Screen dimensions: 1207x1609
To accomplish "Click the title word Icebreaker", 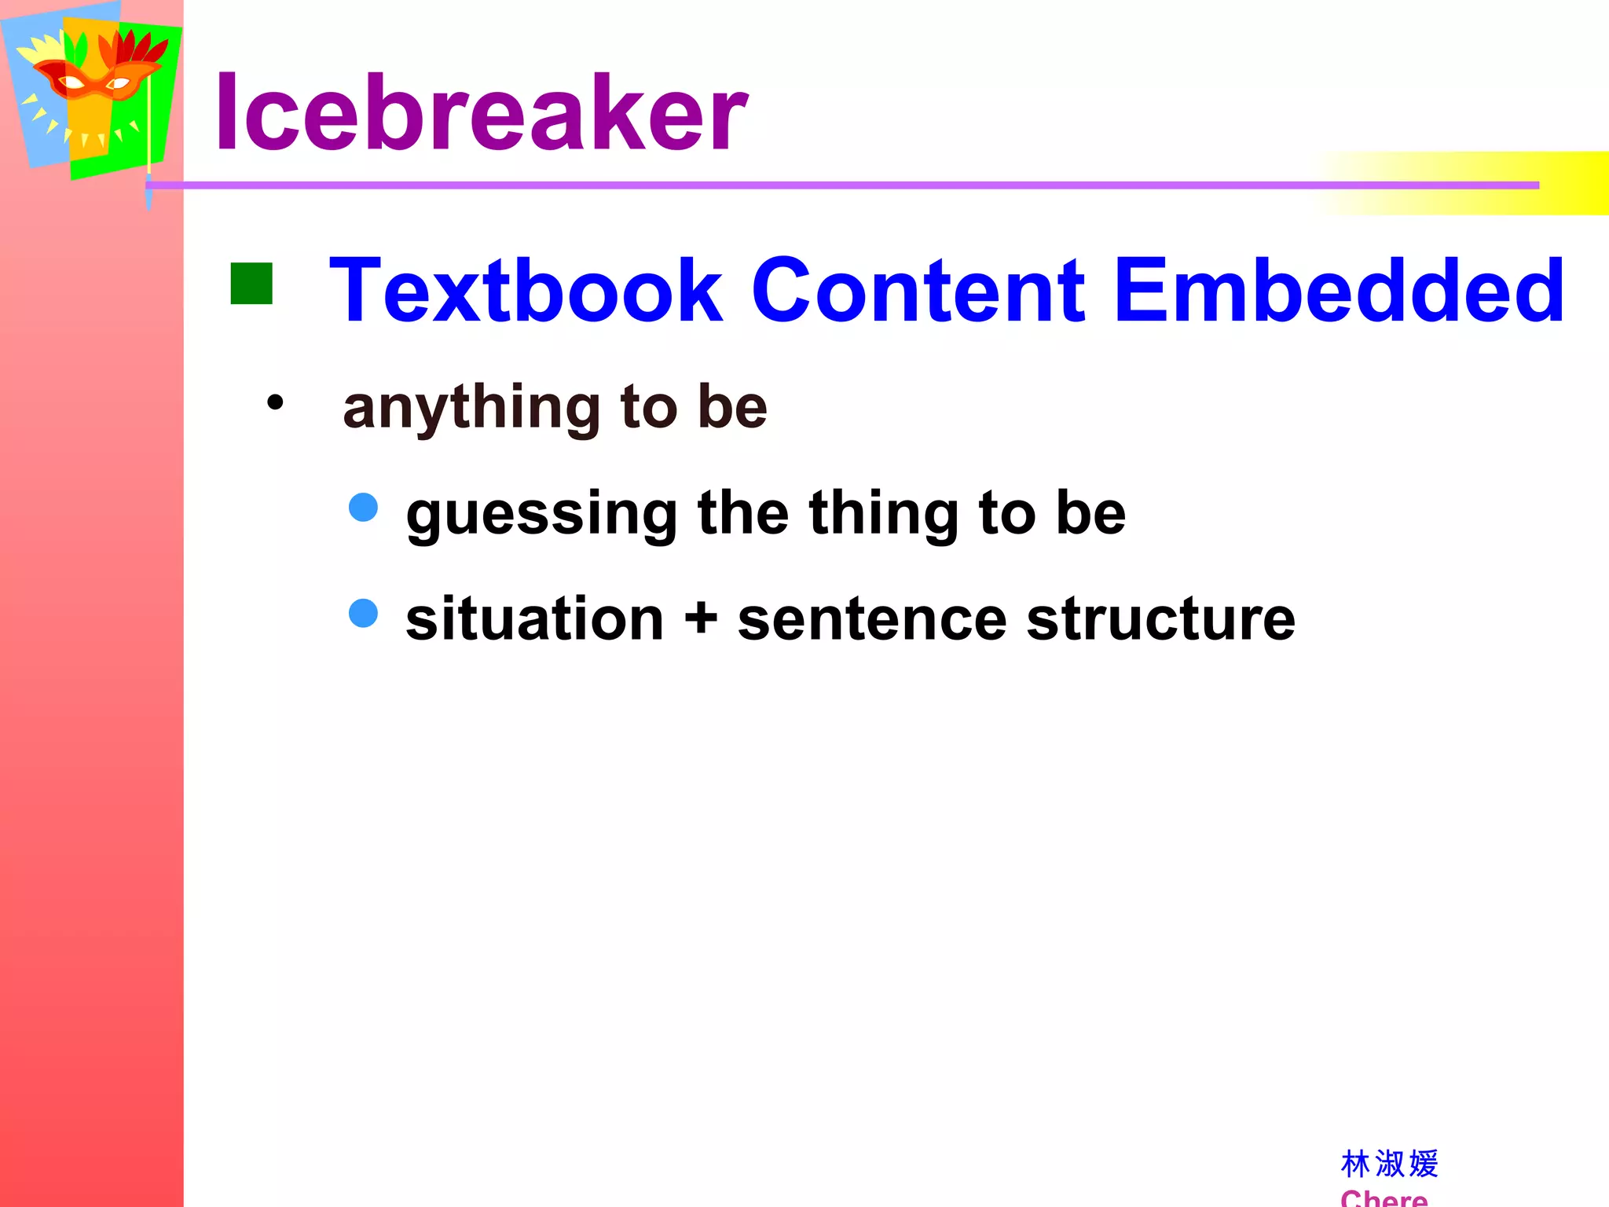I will [481, 112].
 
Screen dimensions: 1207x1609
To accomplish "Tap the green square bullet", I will [251, 283].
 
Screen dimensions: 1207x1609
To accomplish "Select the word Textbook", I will [525, 291].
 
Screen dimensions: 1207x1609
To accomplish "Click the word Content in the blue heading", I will [918, 291].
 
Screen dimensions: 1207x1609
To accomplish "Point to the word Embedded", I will [1339, 291].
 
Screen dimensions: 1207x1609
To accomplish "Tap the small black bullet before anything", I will [275, 403].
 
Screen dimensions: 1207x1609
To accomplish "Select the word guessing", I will [542, 515].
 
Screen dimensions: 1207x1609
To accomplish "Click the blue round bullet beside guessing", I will [363, 507].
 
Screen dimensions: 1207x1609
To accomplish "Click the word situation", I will [535, 619].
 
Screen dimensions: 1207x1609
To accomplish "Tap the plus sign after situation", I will [701, 618].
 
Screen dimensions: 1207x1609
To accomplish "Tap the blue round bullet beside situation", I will [363, 613].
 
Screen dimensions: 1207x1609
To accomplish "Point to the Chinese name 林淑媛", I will [1389, 1164].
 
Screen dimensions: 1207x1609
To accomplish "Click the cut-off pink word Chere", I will [1384, 1198].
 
